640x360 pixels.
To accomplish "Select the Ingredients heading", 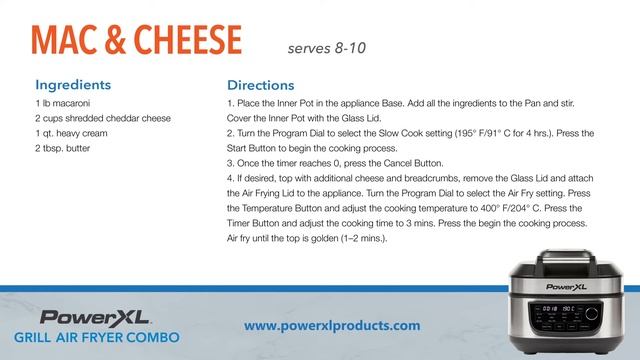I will pos(73,84).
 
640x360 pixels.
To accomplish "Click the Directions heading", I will pos(260,85).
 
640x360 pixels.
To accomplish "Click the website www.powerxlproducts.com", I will pos(332,325).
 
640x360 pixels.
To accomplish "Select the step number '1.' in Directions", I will pos(230,104).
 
